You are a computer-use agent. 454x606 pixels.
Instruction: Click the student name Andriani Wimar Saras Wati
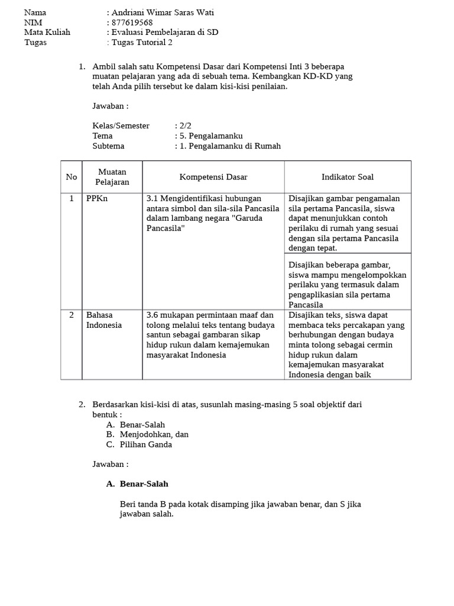coord(163,12)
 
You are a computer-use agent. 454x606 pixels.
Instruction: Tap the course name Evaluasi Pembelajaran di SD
coord(164,32)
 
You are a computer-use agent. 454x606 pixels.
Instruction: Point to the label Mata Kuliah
coord(47,32)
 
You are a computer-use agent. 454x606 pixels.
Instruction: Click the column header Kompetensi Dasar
coord(213,177)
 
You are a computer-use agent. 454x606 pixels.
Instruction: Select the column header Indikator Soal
coord(347,177)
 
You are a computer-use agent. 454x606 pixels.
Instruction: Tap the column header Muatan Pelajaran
coord(112,177)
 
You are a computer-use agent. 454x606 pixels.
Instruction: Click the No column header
coord(71,177)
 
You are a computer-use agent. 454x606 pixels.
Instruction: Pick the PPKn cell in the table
coord(97,199)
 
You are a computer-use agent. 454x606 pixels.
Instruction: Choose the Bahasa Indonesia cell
coord(104,320)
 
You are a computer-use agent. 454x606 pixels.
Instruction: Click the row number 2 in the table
coord(71,315)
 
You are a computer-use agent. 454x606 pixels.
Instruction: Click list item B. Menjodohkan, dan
coord(154,434)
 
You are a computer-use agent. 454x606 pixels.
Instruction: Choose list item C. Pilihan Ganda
coord(145,444)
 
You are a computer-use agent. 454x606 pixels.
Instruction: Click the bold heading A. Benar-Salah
coord(138,483)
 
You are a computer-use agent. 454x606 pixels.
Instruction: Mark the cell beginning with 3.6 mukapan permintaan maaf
coord(210,335)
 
